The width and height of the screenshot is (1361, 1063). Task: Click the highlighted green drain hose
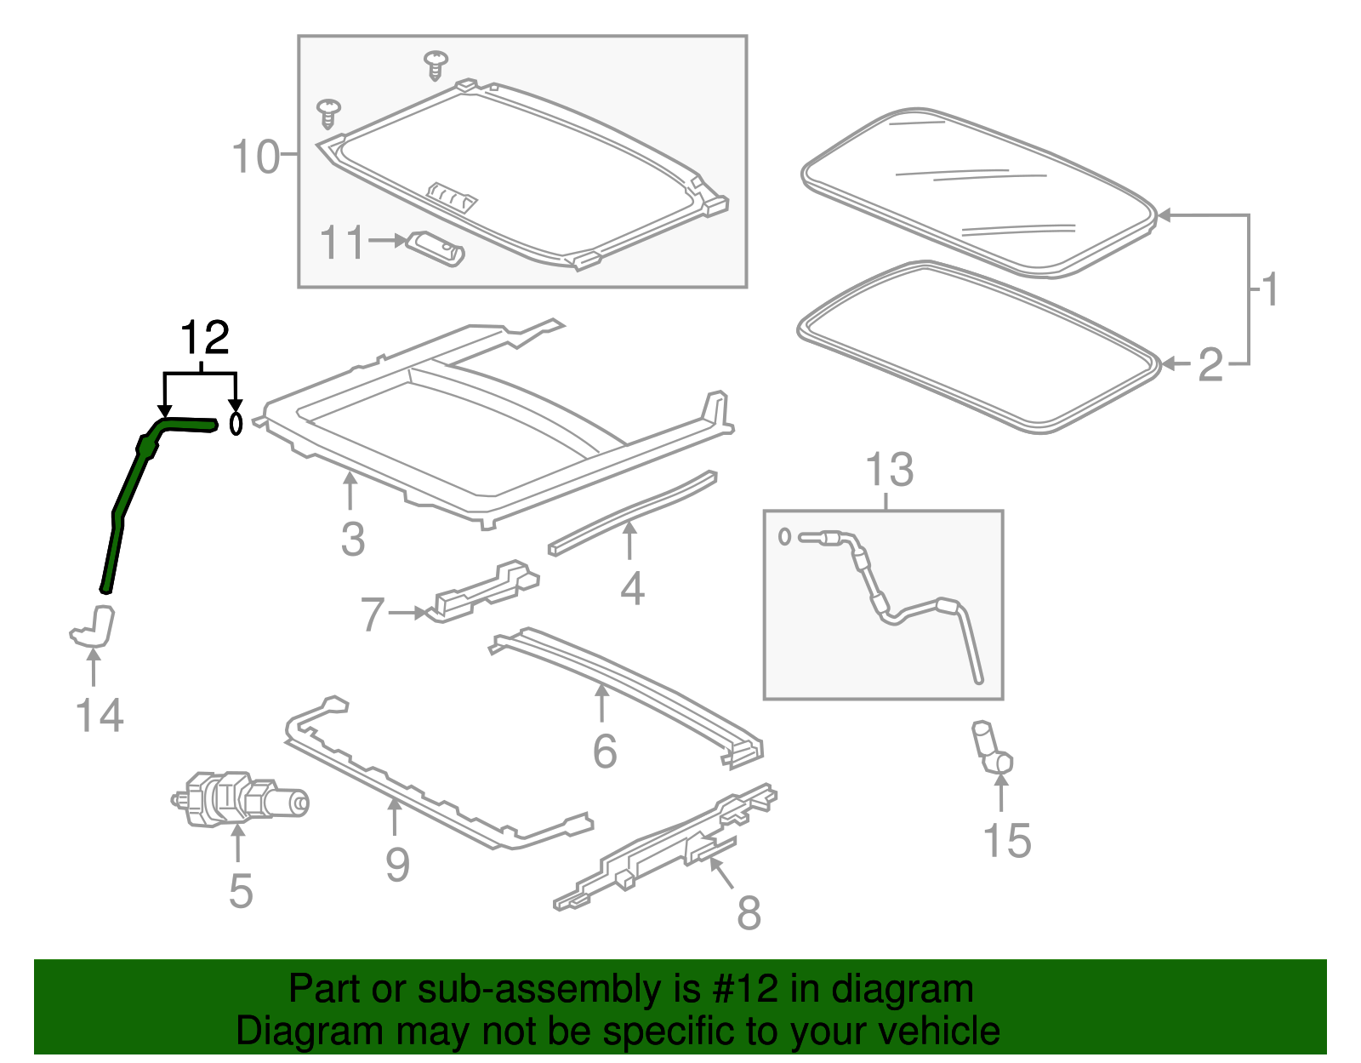128,494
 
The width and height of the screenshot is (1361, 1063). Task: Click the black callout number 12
205,339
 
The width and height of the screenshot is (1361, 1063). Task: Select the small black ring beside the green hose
236,423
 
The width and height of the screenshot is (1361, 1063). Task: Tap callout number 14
100,716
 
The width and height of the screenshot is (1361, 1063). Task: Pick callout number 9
397,865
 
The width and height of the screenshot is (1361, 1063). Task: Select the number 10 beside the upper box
255,157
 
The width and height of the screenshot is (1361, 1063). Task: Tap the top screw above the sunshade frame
436,65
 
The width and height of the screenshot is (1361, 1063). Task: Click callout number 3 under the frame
352,540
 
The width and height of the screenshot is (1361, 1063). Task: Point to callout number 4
631,589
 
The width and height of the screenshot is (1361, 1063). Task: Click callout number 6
604,751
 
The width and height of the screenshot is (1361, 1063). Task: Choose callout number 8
748,913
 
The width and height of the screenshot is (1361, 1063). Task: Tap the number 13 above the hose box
889,470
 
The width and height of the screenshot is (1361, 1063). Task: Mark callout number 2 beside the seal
1210,365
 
